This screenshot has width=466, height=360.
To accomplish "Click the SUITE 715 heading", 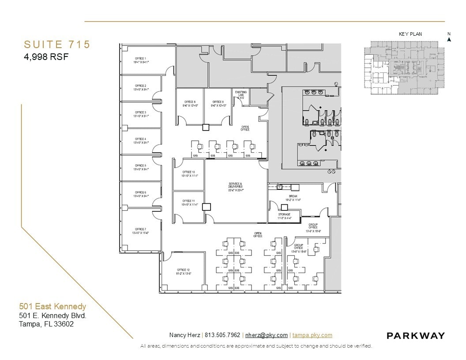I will pyautogui.click(x=57, y=45).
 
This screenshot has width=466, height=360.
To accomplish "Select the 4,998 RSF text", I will pyautogui.click(x=46, y=56).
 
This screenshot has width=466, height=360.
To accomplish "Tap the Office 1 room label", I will pyautogui.click(x=141, y=60).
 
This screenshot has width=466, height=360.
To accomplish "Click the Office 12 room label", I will pyautogui.click(x=183, y=271).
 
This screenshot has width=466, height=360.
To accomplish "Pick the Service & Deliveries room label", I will pyautogui.click(x=236, y=187).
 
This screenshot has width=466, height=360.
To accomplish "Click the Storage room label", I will pyautogui.click(x=284, y=216).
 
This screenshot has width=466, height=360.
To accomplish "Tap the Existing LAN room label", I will pyautogui.click(x=241, y=94).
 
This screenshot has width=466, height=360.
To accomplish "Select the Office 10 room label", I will pyautogui.click(x=189, y=173).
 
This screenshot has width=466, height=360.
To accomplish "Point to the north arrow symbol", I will pyautogui.click(x=449, y=38).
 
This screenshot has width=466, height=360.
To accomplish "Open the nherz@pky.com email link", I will pyautogui.click(x=266, y=335).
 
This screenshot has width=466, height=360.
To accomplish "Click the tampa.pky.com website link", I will pyautogui.click(x=312, y=335).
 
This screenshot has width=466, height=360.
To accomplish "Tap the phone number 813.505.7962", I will pyautogui.click(x=222, y=335).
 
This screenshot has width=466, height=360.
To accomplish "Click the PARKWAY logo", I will pyautogui.click(x=416, y=336).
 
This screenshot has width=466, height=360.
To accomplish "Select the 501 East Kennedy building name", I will pyautogui.click(x=53, y=306).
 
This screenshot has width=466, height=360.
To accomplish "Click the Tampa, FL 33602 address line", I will pyautogui.click(x=46, y=324).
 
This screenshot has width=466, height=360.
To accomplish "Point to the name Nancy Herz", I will pyautogui.click(x=184, y=335).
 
